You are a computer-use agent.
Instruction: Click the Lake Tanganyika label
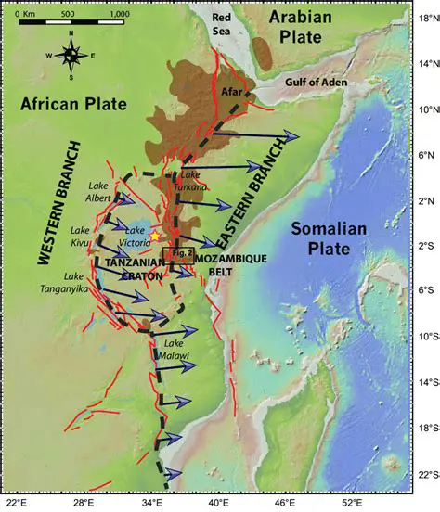tap(85, 282)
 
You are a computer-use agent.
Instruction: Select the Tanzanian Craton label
tap(136, 269)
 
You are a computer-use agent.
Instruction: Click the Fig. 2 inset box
tap(177, 252)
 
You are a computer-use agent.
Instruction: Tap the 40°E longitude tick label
tap(213, 502)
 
